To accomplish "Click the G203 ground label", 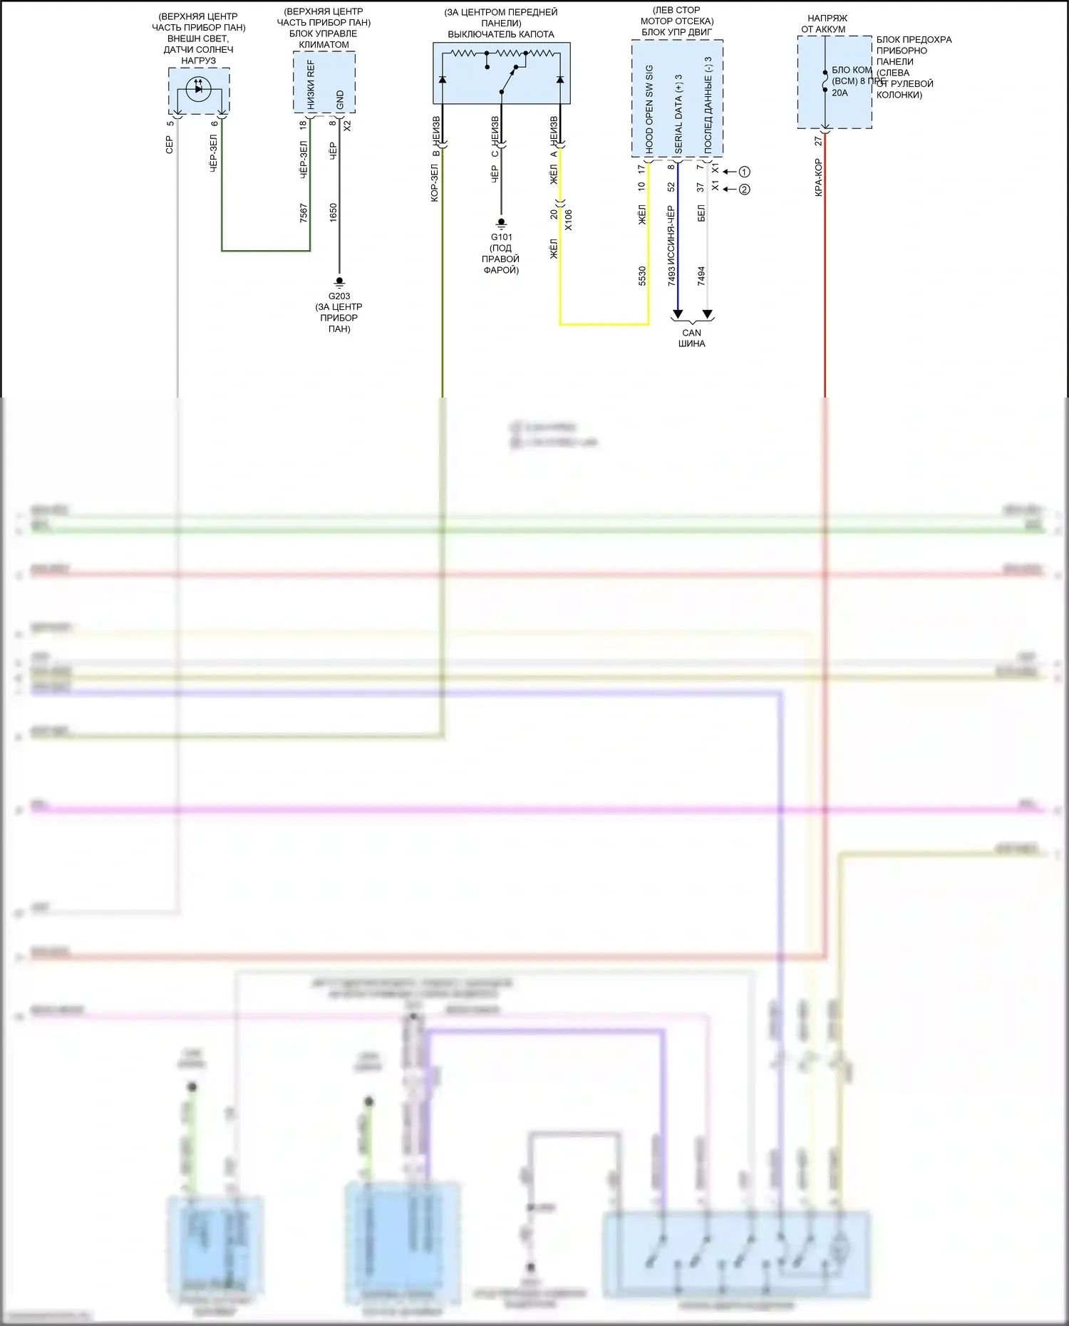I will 339,296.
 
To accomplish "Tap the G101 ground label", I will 501,237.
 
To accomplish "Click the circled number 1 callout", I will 744,172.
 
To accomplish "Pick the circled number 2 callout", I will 744,190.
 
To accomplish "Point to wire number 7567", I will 304,213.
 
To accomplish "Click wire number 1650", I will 333,213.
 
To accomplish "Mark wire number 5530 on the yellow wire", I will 642,276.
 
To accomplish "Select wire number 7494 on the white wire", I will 701,276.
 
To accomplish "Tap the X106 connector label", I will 568,220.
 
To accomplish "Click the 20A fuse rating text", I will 840,93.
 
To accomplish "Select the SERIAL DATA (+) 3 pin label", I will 678,114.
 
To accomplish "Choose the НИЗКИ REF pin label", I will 311,84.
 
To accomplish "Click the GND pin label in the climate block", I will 340,100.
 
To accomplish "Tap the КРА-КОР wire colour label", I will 818,178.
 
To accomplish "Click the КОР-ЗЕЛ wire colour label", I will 435,183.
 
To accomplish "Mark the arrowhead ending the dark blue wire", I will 678,314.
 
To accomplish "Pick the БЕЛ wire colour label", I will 701,212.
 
